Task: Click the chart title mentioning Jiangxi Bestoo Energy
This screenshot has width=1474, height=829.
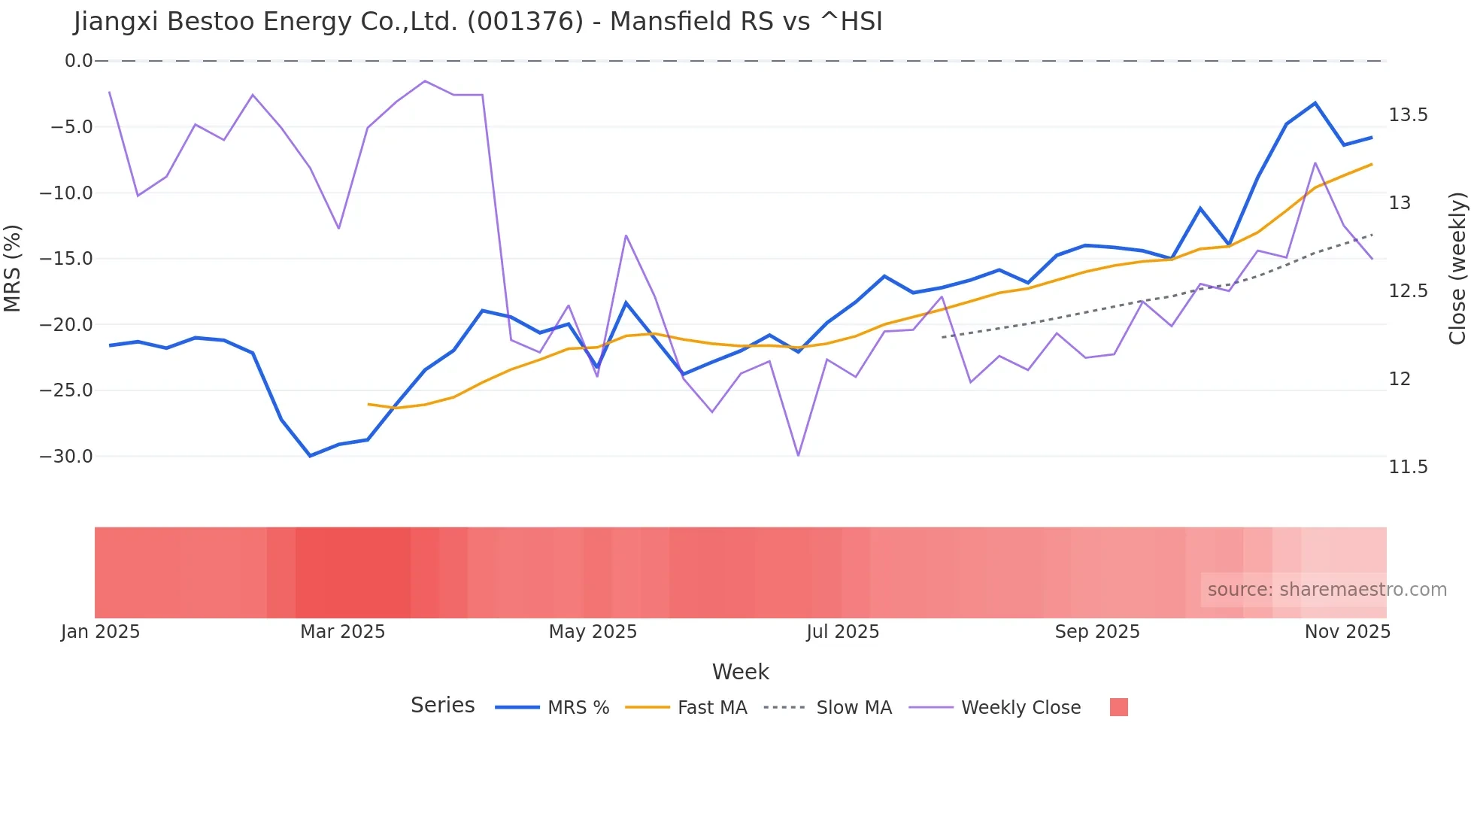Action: (x=478, y=22)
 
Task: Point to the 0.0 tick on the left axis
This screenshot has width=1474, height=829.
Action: (x=78, y=61)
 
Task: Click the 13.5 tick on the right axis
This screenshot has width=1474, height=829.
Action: (x=1408, y=115)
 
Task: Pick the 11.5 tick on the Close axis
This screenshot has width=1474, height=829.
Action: (x=1408, y=467)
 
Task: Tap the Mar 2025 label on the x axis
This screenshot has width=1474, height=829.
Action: (x=342, y=632)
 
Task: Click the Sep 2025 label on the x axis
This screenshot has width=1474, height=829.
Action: (x=1097, y=632)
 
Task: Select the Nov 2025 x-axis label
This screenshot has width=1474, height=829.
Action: (x=1347, y=632)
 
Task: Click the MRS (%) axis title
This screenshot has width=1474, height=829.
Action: (x=13, y=268)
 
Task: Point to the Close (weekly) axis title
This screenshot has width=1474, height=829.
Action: (x=1457, y=268)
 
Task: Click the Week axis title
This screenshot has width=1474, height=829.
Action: (x=740, y=672)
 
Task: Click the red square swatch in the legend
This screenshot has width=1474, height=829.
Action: (x=1118, y=707)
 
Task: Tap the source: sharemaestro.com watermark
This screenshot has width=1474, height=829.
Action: (x=1327, y=590)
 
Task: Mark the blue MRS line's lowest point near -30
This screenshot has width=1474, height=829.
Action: (x=310, y=456)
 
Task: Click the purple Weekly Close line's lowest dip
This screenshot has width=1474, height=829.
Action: (x=798, y=455)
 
